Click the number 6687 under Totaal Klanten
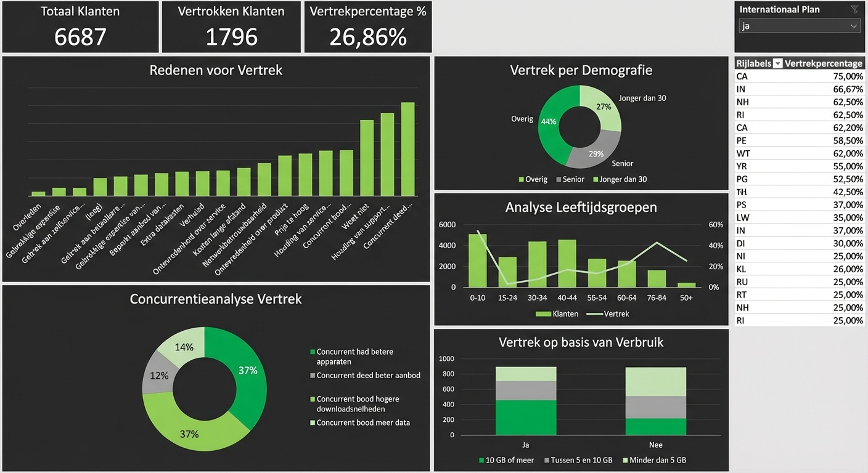tap(80, 37)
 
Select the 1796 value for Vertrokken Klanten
tap(231, 37)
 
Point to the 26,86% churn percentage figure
tap(368, 37)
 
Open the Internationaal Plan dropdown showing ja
tap(799, 26)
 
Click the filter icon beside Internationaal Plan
tap(854, 9)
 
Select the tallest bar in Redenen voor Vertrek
tap(407, 149)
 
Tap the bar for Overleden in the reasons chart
tap(38, 193)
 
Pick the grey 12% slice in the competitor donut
tap(157, 374)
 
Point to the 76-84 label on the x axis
tap(657, 297)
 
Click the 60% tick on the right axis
tap(715, 225)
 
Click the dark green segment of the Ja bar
tap(526, 417)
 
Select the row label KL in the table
tap(742, 269)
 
